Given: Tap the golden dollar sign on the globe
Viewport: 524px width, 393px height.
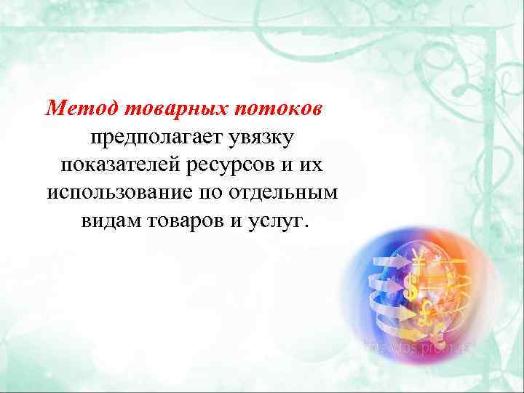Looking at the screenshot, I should point(413,289).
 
